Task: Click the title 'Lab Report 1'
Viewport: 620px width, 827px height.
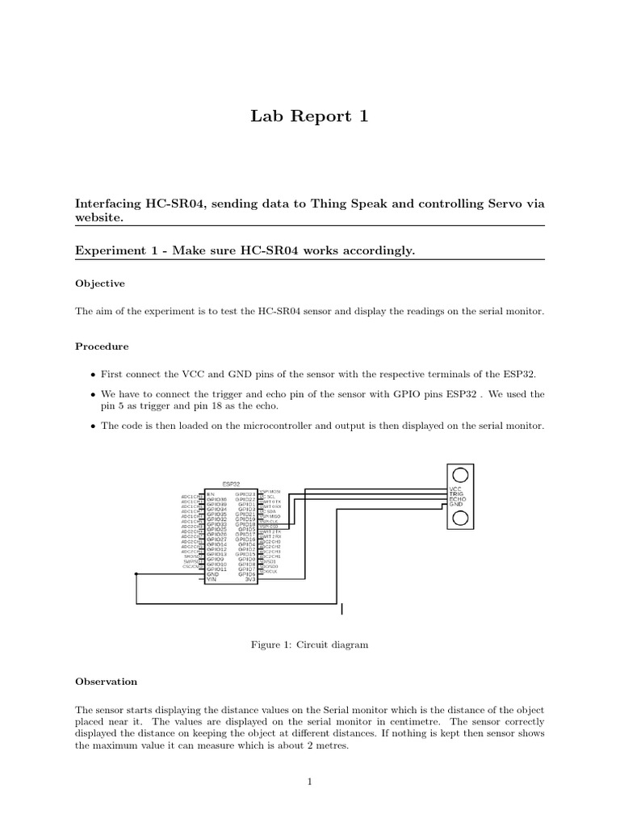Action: pos(310,117)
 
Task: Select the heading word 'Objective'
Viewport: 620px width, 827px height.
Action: pos(100,284)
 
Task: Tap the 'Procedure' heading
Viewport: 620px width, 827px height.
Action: pos(102,346)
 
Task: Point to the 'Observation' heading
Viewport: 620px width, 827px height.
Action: pos(106,682)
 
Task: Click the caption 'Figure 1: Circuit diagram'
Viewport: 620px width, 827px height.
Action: pos(310,644)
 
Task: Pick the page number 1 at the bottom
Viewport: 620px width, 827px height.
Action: pos(310,782)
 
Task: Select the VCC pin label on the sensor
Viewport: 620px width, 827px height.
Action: pos(455,489)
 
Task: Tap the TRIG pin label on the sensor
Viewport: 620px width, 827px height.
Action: pos(456,494)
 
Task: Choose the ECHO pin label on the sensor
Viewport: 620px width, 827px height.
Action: pos(457,500)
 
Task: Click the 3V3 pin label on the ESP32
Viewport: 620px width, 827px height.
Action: pos(250,579)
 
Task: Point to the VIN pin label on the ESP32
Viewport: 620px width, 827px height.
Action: pos(212,579)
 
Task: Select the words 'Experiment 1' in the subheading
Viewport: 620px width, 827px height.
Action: pos(113,250)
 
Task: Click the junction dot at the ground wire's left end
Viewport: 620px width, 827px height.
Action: pos(136,573)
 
